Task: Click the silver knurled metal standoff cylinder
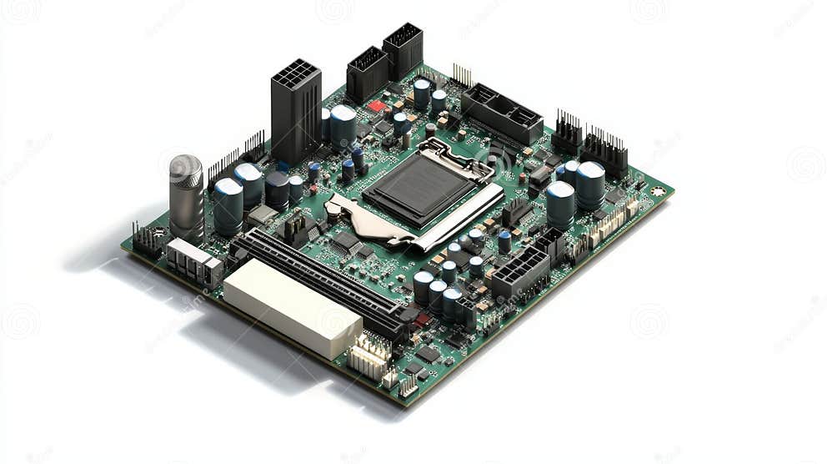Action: pos(186,197)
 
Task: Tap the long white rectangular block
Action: pos(292,307)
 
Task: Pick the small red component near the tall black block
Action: pos(377,106)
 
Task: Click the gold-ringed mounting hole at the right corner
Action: pos(659,191)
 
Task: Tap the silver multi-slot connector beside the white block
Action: pos(193,260)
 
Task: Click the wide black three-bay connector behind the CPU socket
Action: pos(502,113)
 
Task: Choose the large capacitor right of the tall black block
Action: pos(343,125)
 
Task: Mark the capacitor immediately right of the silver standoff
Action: pos(228,205)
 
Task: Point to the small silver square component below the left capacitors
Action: pos(262,215)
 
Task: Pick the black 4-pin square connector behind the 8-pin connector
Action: pos(550,245)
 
